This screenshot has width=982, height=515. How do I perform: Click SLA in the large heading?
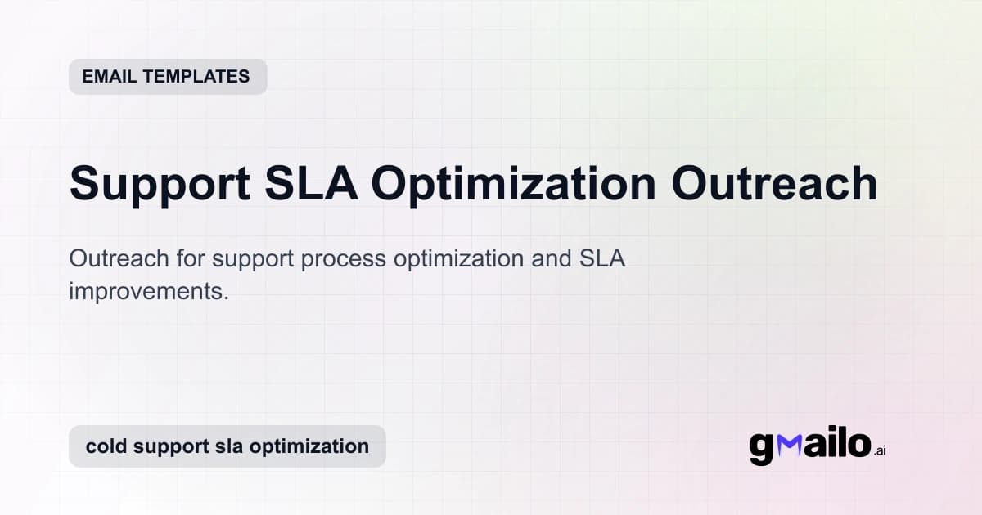(312, 184)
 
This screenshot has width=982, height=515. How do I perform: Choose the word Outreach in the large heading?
(775, 184)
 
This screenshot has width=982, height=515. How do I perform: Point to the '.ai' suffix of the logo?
(879, 450)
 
